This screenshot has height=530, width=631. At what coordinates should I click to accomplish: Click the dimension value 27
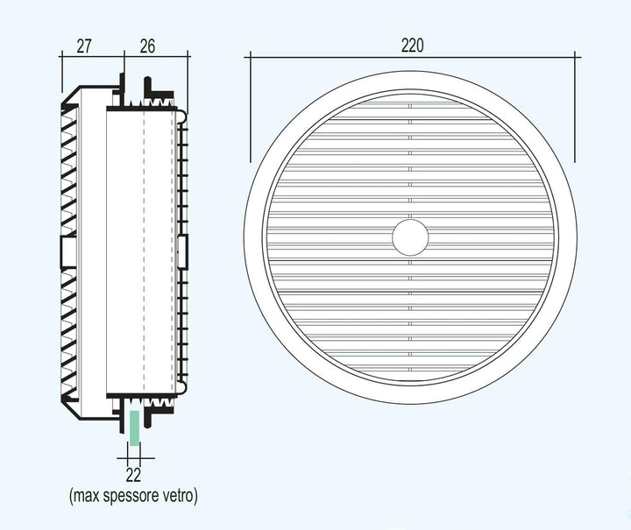tap(84, 46)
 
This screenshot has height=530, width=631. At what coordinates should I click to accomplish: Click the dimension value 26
tap(147, 46)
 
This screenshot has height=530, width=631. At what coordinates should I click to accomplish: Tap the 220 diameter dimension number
tap(413, 46)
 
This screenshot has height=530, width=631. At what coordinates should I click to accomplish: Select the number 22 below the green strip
tap(133, 476)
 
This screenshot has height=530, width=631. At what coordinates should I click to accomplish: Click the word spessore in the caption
tap(132, 496)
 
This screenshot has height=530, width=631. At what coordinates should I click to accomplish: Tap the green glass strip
tap(134, 428)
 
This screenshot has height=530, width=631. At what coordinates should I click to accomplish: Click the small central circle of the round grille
tap(410, 237)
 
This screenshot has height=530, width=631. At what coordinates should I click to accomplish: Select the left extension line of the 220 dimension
tap(251, 107)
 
